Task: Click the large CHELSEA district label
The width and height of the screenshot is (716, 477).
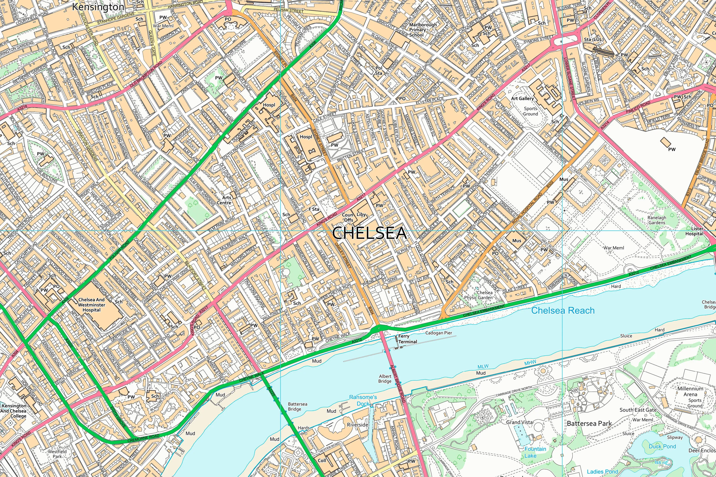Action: [369, 233]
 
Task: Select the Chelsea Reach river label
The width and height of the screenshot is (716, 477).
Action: [563, 311]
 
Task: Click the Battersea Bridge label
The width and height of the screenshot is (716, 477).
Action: [297, 406]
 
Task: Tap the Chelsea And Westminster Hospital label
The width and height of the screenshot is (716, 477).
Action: [91, 305]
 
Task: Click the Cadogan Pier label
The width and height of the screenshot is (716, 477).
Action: [439, 333]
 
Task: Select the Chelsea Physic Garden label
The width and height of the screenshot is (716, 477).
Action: [478, 295]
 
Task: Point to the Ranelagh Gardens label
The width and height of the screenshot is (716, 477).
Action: [657, 220]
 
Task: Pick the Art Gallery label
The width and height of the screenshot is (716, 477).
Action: [522, 98]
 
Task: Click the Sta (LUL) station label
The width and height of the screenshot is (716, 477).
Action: [594, 40]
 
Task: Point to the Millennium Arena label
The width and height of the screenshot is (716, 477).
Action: [690, 391]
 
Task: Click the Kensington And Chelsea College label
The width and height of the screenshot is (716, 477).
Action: [14, 411]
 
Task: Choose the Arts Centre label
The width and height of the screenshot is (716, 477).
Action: [224, 200]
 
